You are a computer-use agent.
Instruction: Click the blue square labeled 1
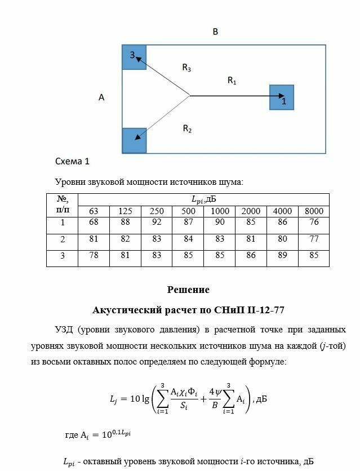(x=282, y=97)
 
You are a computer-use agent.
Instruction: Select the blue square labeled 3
(x=134, y=57)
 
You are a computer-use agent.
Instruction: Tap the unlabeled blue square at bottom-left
(x=134, y=140)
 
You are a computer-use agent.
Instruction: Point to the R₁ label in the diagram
(x=232, y=81)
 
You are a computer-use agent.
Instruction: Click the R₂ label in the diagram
(x=187, y=129)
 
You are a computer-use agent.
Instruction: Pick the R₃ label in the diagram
(x=186, y=68)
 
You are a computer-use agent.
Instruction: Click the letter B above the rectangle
(x=215, y=32)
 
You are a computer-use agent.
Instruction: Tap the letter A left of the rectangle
(x=101, y=97)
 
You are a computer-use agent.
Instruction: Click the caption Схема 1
(x=72, y=161)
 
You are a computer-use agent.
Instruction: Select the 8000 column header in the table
(x=314, y=211)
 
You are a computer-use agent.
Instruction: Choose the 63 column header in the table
(x=94, y=211)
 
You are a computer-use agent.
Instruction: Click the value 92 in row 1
(x=157, y=223)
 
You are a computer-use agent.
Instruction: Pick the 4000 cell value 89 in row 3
(x=282, y=256)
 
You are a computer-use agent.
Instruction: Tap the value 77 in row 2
(x=314, y=239)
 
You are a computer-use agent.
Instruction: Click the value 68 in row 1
(x=94, y=223)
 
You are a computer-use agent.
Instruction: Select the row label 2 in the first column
(x=63, y=239)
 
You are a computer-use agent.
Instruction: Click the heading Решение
(x=188, y=290)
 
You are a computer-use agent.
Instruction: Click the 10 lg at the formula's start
(x=139, y=399)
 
